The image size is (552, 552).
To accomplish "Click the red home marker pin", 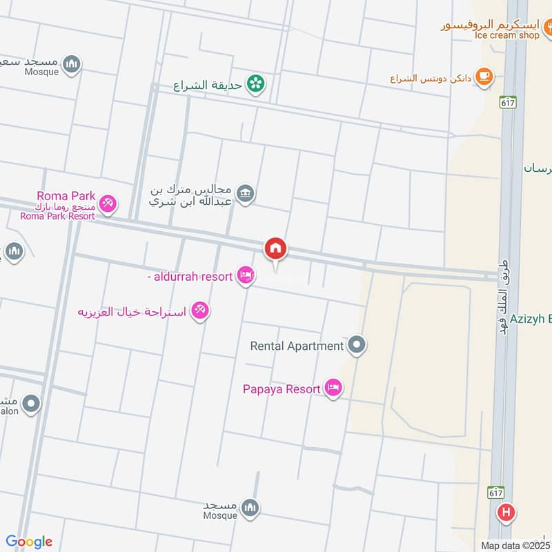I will point(275,250).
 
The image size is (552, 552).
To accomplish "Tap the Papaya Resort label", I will point(282,389).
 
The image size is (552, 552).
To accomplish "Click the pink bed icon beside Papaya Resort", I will point(333,389).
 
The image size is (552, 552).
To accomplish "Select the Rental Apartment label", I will point(297,346).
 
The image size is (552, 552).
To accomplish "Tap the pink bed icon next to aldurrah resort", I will point(245,276).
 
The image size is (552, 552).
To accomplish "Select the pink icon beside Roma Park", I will point(108,204).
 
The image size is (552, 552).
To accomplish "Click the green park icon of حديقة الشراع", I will point(257,84).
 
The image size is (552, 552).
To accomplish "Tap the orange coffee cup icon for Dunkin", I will point(485,77).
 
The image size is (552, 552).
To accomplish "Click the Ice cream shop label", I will point(507,34).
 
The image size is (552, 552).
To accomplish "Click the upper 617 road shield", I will point(509,101).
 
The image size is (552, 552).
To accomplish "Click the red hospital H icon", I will point(506,513).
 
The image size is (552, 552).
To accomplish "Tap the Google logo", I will point(29,542).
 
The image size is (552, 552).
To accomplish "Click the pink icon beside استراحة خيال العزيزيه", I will point(201,311).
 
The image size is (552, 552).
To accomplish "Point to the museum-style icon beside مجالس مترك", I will point(246,194).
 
